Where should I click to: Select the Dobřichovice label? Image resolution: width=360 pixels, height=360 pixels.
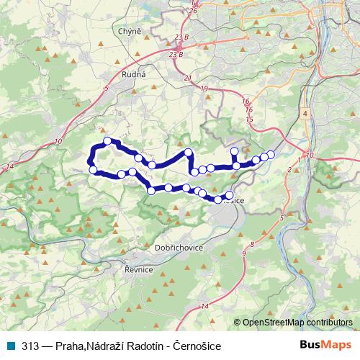click(x=179, y=246)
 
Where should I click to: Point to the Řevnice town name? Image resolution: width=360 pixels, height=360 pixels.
click(x=138, y=269)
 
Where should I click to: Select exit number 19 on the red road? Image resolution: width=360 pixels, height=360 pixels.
click(x=204, y=89)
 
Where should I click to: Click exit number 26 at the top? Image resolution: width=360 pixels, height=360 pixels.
click(x=192, y=11)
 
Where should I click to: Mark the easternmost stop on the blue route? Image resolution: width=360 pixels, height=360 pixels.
click(x=271, y=154)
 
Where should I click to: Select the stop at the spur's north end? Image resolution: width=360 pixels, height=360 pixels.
click(x=234, y=150)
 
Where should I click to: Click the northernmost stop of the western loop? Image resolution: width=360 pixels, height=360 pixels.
click(x=107, y=141)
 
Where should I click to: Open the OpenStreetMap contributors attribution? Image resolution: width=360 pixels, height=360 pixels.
click(x=297, y=323)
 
